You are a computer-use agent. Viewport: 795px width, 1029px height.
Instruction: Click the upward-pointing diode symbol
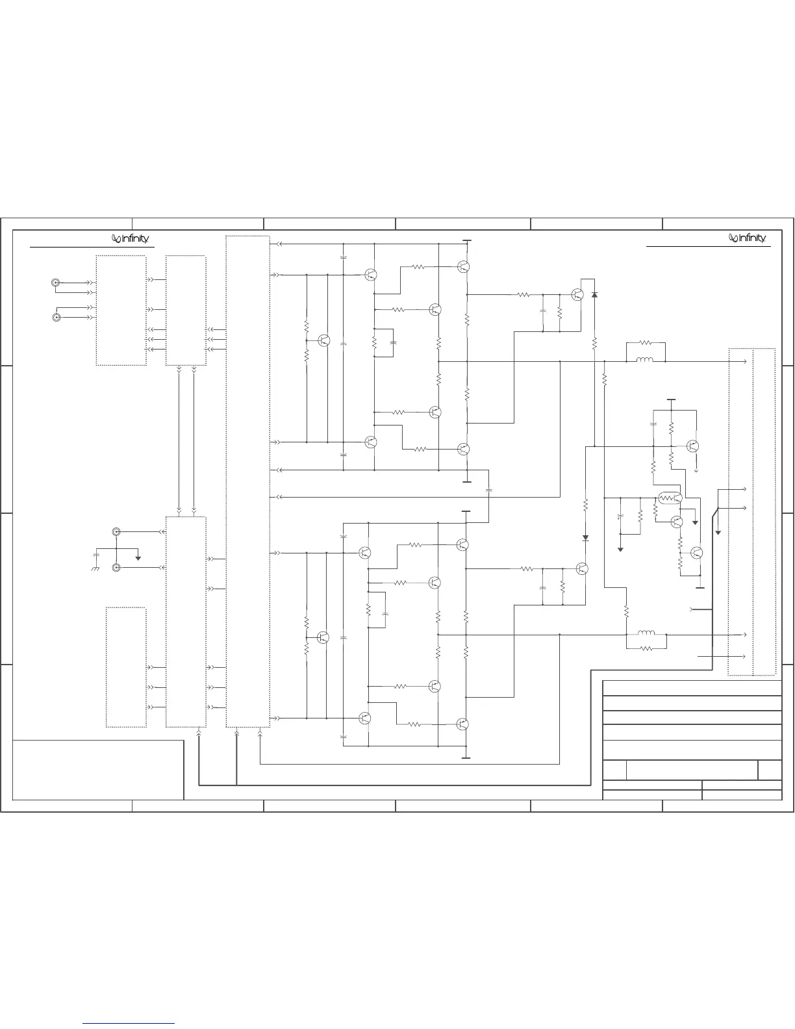594,295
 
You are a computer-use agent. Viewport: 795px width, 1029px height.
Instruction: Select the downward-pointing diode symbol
585,538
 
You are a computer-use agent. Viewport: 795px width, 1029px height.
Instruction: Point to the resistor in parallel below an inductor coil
646,648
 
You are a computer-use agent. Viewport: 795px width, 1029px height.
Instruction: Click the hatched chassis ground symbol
94,569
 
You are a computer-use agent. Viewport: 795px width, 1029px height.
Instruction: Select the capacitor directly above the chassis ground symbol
96,557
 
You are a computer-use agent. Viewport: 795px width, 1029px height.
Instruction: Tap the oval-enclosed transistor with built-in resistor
669,499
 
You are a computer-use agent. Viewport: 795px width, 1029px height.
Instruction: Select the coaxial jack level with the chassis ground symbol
116,568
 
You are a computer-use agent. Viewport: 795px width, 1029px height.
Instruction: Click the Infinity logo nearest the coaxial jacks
131,239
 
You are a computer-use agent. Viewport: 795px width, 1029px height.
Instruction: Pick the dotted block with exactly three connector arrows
126,667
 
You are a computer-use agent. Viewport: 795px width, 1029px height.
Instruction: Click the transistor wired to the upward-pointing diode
577,294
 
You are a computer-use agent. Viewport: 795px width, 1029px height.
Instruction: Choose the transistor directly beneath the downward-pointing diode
583,568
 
